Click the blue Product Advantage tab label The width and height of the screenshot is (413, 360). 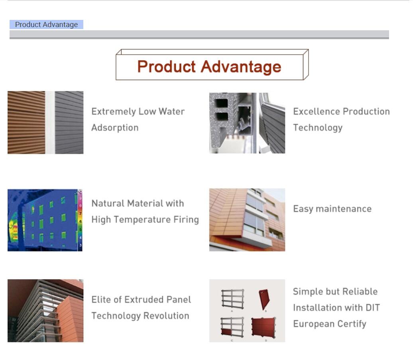click(46, 24)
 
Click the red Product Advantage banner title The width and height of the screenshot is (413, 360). click(209, 67)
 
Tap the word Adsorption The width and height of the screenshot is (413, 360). click(115, 127)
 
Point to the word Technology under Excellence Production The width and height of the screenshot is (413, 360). click(318, 128)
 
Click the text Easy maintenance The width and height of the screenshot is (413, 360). click(332, 209)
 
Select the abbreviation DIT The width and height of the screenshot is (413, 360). click(373, 307)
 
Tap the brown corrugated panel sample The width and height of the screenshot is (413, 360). click(26, 122)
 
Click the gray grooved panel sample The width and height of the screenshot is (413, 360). click(69, 122)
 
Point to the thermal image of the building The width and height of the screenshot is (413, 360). click(45, 220)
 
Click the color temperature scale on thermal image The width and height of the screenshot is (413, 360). click(80, 220)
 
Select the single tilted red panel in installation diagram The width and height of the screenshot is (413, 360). click(264, 299)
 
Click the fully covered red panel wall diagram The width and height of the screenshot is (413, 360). click(264, 327)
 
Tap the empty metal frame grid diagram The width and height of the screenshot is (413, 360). click(232, 299)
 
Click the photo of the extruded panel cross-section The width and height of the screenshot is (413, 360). click(247, 123)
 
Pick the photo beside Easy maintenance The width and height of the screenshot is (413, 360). click(247, 220)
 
